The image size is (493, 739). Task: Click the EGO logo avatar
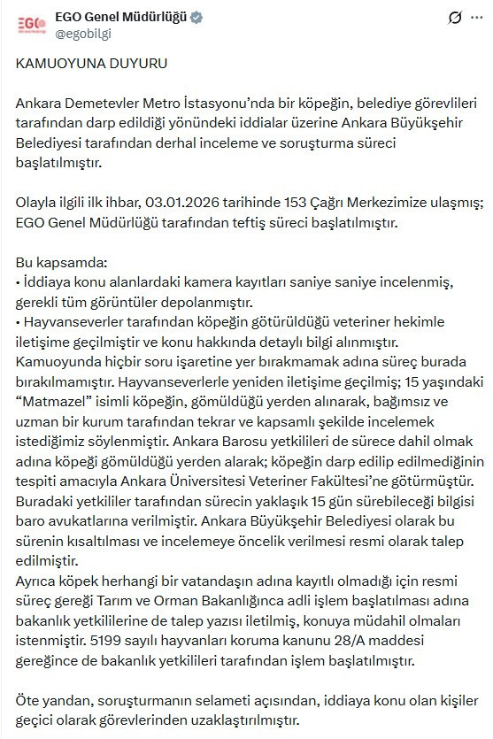pos(31,24)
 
